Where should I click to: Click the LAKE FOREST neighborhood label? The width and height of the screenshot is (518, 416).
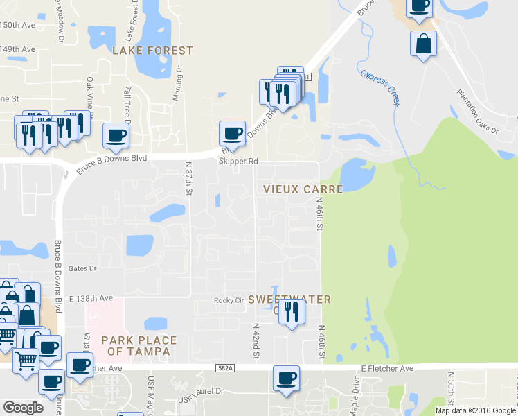pyautogui.click(x=152, y=51)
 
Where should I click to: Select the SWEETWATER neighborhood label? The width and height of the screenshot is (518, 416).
pyautogui.click(x=289, y=300)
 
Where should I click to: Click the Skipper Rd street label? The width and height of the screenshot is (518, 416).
pyautogui.click(x=238, y=161)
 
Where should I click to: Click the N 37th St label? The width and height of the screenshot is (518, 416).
pyautogui.click(x=188, y=178)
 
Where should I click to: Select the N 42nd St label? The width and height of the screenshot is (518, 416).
pyautogui.click(x=256, y=340)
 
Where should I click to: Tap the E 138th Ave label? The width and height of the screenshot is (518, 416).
pyautogui.click(x=91, y=297)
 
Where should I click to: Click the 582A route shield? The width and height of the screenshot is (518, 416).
pyautogui.click(x=225, y=368)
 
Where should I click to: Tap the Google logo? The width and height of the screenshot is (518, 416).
pyautogui.click(x=23, y=408)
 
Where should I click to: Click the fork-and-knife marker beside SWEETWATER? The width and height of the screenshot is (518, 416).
pyautogui.click(x=292, y=312)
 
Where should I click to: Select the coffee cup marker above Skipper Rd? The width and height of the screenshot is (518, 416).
pyautogui.click(x=233, y=132)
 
